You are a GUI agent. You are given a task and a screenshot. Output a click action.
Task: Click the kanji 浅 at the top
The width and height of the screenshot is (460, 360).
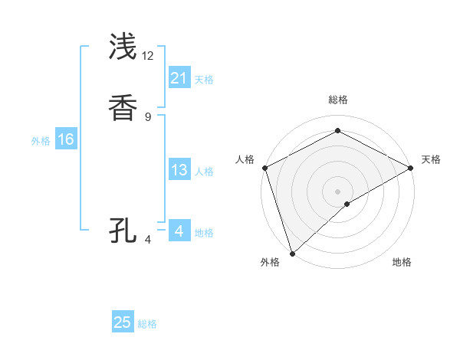pyautogui.click(x=123, y=47)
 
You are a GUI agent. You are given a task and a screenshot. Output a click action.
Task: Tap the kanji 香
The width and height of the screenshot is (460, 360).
pyautogui.click(x=123, y=108)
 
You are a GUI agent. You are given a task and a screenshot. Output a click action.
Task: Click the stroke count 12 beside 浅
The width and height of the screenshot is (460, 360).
pyautogui.click(x=148, y=56)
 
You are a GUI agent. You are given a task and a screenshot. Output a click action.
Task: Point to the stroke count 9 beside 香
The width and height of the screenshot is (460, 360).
pyautogui.click(x=148, y=117)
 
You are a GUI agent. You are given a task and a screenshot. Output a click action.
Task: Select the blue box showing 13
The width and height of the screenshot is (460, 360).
pyautogui.click(x=179, y=170)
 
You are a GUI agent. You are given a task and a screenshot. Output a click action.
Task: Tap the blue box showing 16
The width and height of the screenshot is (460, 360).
pyautogui.click(x=66, y=139)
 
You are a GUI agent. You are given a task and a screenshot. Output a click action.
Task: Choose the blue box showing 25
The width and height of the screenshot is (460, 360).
pyautogui.click(x=123, y=322)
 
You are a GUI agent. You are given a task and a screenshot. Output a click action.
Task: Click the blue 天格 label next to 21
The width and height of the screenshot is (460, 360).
pyautogui.click(x=204, y=79)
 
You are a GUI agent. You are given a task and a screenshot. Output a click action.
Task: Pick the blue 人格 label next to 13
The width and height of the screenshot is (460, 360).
pyautogui.click(x=204, y=172)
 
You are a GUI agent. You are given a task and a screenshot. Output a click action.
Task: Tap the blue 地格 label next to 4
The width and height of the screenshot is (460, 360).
pyautogui.click(x=204, y=233)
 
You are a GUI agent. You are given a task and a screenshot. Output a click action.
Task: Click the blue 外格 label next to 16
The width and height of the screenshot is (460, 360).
pyautogui.click(x=41, y=141)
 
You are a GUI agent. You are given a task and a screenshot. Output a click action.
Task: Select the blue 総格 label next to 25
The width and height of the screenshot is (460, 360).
pyautogui.click(x=147, y=324)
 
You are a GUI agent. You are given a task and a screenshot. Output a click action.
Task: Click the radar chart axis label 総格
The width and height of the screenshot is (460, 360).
pyautogui.click(x=337, y=100)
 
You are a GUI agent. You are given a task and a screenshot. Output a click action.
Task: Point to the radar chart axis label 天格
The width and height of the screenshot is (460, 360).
pyautogui.click(x=431, y=159)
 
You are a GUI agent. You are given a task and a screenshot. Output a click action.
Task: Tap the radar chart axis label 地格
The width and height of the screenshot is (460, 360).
pyautogui.click(x=402, y=262)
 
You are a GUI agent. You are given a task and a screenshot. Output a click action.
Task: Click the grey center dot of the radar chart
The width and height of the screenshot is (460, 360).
pyautogui.click(x=337, y=191)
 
